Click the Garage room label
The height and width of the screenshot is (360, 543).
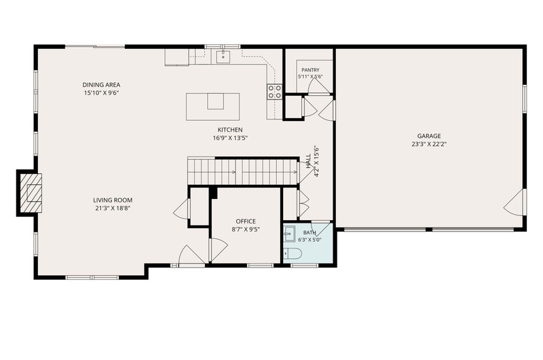click(429, 136)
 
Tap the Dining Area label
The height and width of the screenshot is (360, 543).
click(101, 85)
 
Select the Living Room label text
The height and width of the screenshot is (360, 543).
click(113, 200)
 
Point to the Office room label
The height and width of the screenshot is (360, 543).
click(246, 221)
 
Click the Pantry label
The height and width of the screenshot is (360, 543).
click(310, 70)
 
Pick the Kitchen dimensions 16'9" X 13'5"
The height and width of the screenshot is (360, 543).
click(230, 138)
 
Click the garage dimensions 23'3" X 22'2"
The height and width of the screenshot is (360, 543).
click(429, 144)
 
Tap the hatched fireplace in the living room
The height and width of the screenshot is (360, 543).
click(31, 193)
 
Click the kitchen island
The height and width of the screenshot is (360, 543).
click(212, 107)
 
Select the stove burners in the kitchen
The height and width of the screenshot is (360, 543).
click(274, 92)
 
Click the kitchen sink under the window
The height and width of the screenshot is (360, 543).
click(223, 56)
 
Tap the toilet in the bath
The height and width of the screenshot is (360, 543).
click(293, 254)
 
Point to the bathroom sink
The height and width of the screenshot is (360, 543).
click(289, 234)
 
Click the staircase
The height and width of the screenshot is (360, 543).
click(243, 172)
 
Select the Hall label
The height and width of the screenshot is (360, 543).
click(308, 162)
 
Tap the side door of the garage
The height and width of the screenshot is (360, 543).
click(516, 202)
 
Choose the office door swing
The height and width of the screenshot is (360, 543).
click(218, 249)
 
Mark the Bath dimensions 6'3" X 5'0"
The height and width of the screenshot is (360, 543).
click(310, 239)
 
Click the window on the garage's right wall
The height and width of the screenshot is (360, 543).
click(525, 98)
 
